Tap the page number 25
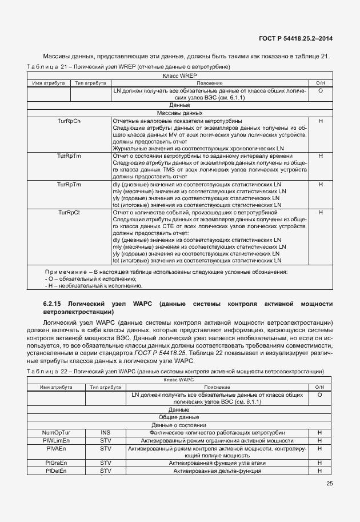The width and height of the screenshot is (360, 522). [329, 484]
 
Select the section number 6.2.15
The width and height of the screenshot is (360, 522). [52, 303]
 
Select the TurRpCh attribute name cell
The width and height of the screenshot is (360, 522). [69, 121]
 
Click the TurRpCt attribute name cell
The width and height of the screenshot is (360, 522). [69, 212]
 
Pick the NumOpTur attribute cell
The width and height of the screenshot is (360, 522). [56, 432]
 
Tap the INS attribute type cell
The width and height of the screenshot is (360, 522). [105, 432]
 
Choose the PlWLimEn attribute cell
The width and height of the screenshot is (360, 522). [56, 440]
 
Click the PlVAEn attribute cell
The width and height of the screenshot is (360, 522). [56, 448]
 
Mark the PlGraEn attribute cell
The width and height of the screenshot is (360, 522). [56, 463]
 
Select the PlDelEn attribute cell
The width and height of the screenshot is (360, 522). [56, 471]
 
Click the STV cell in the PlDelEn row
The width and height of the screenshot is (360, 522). [105, 471]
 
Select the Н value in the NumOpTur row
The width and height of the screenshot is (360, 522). [320, 432]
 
